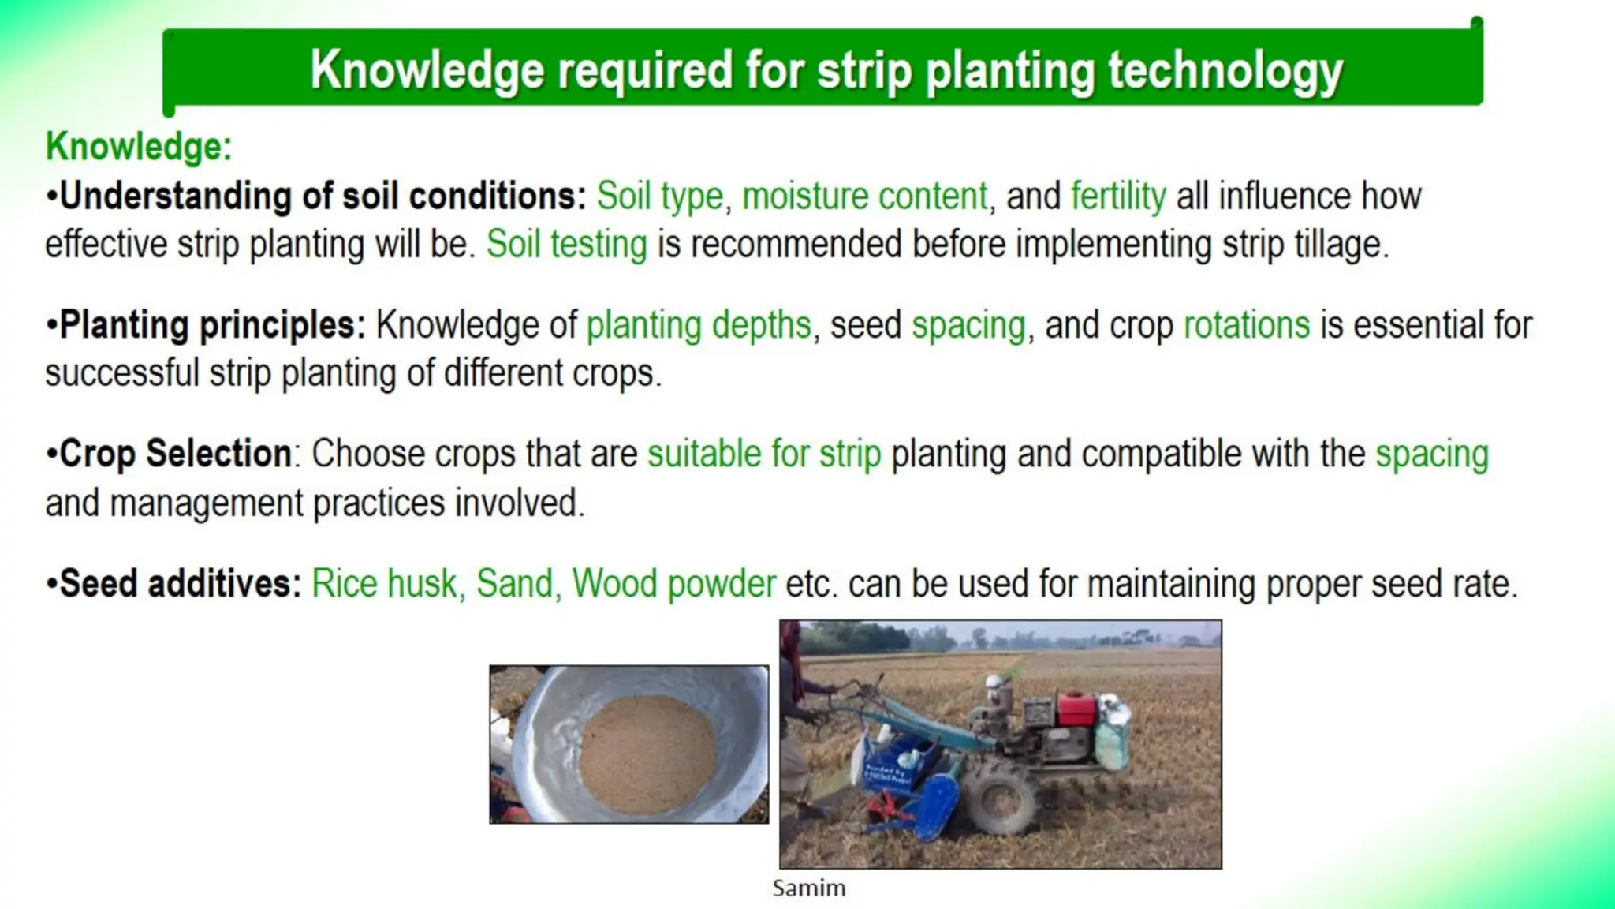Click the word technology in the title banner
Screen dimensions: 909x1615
pos(1225,71)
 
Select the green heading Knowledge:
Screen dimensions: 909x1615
pos(139,147)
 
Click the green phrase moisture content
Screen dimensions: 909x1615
pos(864,196)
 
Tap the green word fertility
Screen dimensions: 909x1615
pos(1117,196)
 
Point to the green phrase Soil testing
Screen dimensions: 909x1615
pos(566,245)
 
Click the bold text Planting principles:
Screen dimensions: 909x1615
pos(212,325)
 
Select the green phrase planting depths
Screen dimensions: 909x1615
pos(698,325)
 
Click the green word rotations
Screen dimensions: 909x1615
pos(1246,325)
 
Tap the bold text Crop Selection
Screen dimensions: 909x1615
pos(175,454)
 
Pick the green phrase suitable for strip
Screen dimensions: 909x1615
pos(763,454)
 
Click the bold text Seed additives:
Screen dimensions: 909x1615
pos(181,585)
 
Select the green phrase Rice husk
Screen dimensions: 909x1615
pos(383,585)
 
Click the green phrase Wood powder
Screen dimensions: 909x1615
pos(673,585)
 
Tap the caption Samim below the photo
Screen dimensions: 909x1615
pos(808,888)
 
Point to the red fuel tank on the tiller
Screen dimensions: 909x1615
pos(1076,709)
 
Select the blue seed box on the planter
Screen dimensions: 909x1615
pos(899,765)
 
